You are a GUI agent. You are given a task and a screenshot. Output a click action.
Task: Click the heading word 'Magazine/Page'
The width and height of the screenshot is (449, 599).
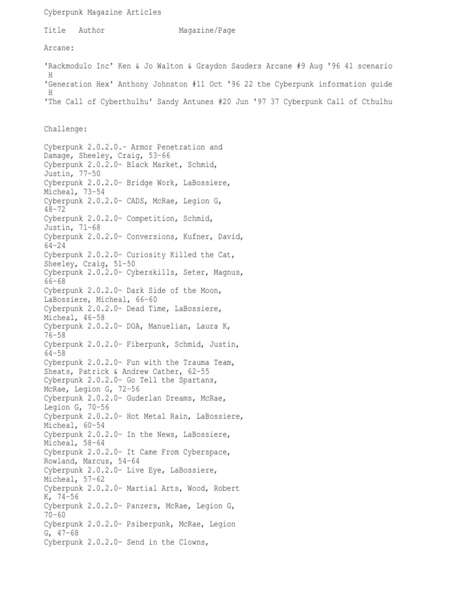point(207,30)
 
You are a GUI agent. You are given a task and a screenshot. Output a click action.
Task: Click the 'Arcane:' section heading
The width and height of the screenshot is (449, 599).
point(59,49)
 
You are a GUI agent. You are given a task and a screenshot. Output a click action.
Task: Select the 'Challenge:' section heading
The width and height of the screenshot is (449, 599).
point(65,129)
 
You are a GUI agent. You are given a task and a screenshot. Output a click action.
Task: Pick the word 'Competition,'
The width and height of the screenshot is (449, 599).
point(154,219)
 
